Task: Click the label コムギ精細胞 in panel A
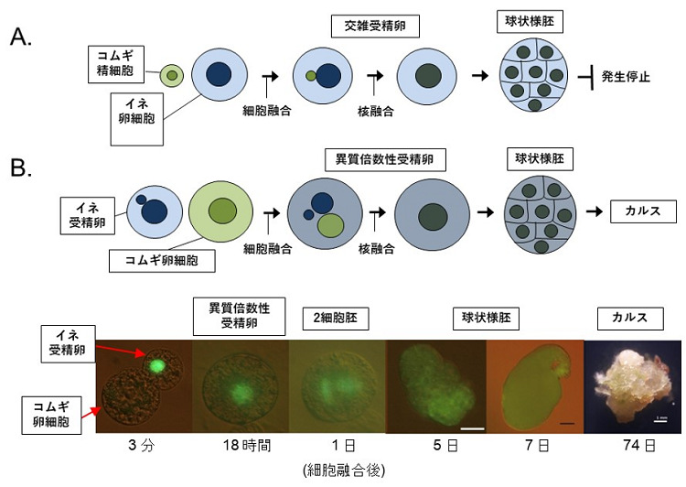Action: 116,64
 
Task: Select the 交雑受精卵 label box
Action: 375,27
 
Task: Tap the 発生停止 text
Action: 626,77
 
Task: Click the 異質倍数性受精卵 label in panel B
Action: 385,159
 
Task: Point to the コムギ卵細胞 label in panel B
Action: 162,261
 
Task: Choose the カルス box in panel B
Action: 643,211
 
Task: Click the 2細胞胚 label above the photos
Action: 336,319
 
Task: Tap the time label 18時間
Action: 247,446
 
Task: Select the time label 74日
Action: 638,446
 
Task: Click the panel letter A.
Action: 20,38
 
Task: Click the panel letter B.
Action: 20,167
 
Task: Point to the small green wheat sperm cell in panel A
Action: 172,75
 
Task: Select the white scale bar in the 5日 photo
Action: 473,428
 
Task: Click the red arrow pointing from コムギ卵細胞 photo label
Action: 91,412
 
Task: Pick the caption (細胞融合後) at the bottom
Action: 344,471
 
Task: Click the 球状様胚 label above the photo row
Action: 486,319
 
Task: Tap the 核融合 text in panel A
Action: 375,112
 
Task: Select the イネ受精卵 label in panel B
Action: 88,215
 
